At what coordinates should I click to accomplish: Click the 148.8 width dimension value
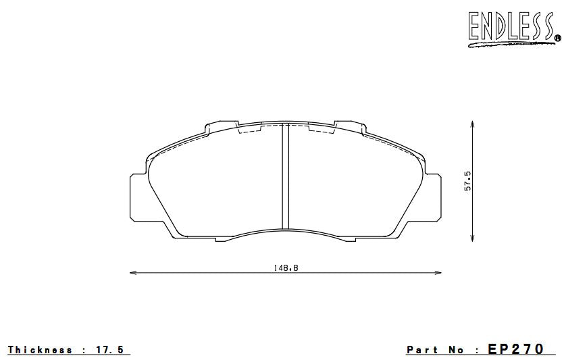[x=286, y=267]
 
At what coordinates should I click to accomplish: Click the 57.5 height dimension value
[x=467, y=181]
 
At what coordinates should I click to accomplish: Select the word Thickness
[x=40, y=350]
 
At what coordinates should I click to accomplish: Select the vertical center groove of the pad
[x=285, y=177]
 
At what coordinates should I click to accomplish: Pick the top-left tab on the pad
[x=222, y=126]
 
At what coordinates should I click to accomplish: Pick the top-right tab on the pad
[x=349, y=126]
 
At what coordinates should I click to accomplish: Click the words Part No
[x=435, y=350]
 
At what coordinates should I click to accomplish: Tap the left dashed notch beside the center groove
[x=251, y=130]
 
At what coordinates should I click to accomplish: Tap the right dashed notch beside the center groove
[x=319, y=130]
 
